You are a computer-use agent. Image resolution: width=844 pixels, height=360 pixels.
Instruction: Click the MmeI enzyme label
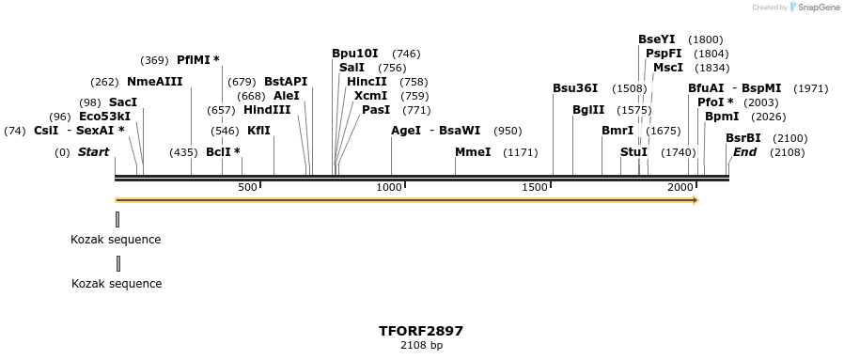[x=473, y=152]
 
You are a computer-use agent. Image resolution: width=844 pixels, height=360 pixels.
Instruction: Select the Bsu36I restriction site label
[x=574, y=88]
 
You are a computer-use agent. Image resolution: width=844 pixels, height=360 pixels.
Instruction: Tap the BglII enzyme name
[x=588, y=110]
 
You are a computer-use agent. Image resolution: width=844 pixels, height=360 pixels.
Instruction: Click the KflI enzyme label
[x=258, y=131]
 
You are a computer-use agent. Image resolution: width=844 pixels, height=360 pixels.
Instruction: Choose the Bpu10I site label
[x=354, y=54]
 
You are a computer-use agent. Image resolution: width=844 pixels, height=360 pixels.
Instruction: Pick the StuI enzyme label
[x=633, y=152]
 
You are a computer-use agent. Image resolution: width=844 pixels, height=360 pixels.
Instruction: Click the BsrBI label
[x=742, y=138]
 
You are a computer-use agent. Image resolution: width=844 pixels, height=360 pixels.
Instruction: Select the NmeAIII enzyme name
[x=154, y=82]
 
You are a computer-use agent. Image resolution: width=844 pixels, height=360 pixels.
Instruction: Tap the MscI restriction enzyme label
[x=667, y=68]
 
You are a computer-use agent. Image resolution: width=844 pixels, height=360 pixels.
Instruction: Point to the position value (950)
[x=508, y=131]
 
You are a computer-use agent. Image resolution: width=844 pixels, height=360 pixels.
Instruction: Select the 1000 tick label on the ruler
[x=389, y=188]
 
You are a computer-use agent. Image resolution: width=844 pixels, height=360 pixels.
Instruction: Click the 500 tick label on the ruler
[x=247, y=188]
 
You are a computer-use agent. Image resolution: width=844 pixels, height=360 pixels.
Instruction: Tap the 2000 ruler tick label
[x=680, y=188]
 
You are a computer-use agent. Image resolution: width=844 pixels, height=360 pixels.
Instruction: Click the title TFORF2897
[x=421, y=331]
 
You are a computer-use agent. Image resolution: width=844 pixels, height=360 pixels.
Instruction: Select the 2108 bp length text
[x=421, y=346]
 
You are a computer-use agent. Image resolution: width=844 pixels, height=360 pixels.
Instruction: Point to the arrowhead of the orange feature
[x=696, y=199]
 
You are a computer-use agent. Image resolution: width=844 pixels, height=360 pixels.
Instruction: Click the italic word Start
[x=93, y=152]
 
